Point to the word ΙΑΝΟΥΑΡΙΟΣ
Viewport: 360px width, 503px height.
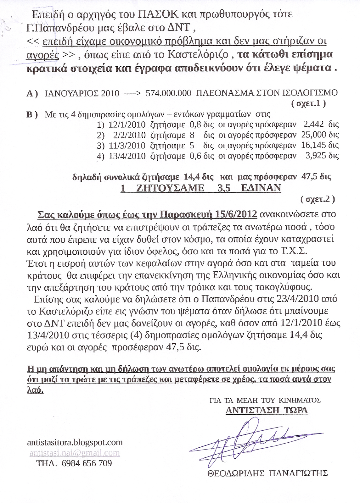68,93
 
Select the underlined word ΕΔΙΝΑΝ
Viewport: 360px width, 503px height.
261,188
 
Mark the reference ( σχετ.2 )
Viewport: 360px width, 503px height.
318,199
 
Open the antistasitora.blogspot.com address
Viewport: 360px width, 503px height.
75,443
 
